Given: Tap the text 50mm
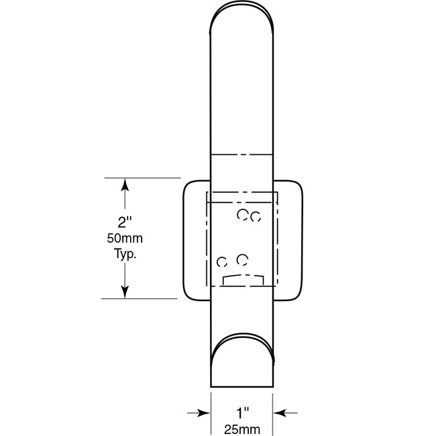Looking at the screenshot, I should [x=124, y=238].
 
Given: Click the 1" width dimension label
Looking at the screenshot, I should [x=242, y=413].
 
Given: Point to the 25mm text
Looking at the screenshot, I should [x=242, y=427].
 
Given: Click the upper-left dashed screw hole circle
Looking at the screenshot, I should [x=243, y=215].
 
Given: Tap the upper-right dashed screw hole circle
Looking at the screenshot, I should [x=255, y=216].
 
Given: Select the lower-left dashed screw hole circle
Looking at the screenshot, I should [x=222, y=262].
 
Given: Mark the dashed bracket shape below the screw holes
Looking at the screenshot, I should [x=242, y=278].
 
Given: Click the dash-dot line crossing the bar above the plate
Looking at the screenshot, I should [x=242, y=154].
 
